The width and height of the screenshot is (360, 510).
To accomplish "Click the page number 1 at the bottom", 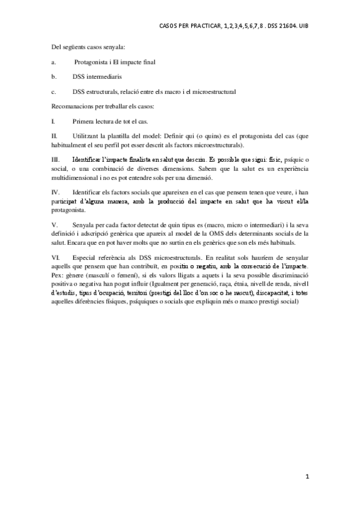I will click(307, 478).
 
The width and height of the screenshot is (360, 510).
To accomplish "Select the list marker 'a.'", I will click(54, 62).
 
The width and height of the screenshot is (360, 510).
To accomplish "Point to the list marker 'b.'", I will click(54, 76).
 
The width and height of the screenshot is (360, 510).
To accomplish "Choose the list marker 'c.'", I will click(54, 91).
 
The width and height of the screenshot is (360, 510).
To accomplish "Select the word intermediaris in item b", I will click(105, 76).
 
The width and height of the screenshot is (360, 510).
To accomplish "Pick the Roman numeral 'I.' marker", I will click(53, 121).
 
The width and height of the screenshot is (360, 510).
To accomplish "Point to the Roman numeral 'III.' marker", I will click(55, 161).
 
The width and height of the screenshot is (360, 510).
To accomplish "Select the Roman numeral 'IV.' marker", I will click(55, 192).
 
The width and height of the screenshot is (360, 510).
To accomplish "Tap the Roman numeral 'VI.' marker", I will click(55, 257).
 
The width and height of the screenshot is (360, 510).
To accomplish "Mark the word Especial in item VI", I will click(84, 257).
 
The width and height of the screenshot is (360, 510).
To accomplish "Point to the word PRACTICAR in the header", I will click(201, 26).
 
